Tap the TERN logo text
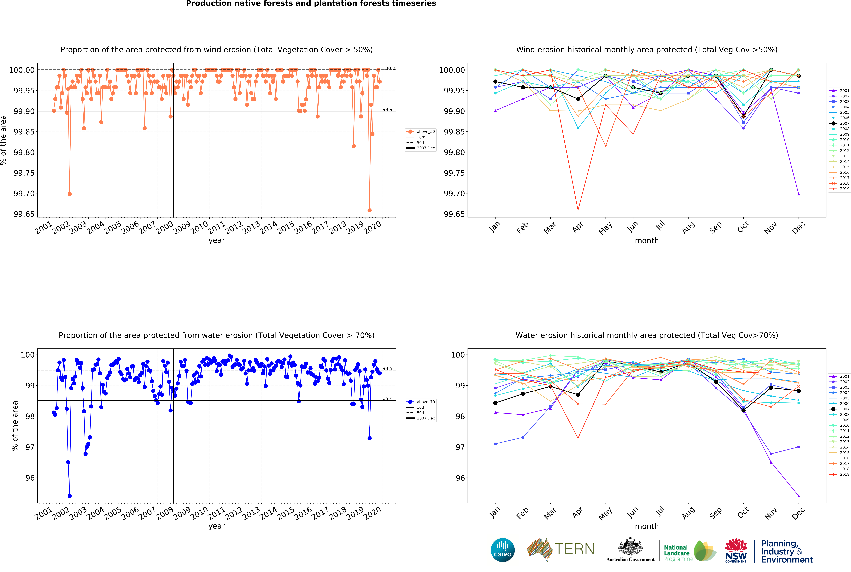[574, 549]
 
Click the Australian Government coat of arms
[630, 547]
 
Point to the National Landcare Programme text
[676, 553]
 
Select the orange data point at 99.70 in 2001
[70, 194]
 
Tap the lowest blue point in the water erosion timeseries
[70, 496]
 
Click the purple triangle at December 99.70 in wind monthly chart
[799, 194]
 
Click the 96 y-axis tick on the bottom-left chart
[30, 478]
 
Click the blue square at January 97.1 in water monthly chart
[495, 444]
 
